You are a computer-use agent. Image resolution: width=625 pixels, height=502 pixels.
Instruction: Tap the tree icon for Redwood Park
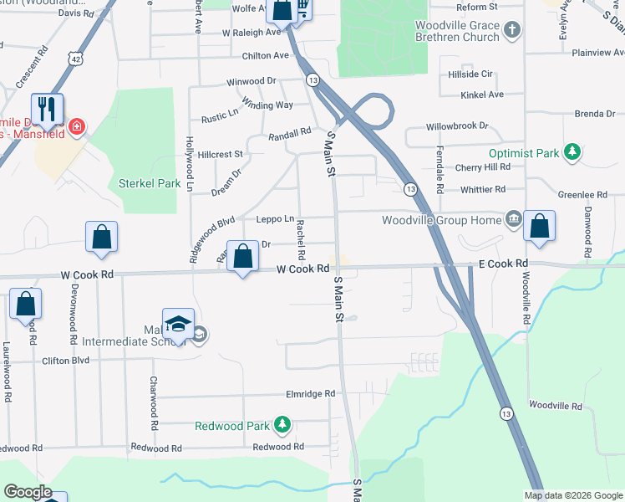point(282,425)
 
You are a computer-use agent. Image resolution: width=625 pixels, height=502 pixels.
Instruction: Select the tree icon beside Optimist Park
point(572,152)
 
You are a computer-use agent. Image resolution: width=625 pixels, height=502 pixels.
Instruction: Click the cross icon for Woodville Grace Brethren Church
point(512,32)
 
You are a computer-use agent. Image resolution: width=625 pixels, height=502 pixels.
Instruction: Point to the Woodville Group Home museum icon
point(512,220)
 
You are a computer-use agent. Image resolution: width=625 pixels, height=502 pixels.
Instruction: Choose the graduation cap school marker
point(178,324)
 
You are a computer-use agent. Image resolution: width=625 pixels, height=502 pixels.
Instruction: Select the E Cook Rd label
point(504,264)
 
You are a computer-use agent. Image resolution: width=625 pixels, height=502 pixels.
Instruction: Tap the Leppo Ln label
point(275,219)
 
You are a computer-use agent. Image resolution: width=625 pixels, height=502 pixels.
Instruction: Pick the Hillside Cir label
point(471,74)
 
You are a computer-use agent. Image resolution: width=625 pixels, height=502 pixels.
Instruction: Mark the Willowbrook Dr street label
point(456,125)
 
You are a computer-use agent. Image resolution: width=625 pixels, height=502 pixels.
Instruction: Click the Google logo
point(28,492)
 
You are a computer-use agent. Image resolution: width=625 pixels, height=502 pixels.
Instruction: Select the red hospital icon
point(76,126)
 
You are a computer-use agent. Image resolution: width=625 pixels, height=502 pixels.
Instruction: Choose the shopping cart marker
point(302,8)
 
